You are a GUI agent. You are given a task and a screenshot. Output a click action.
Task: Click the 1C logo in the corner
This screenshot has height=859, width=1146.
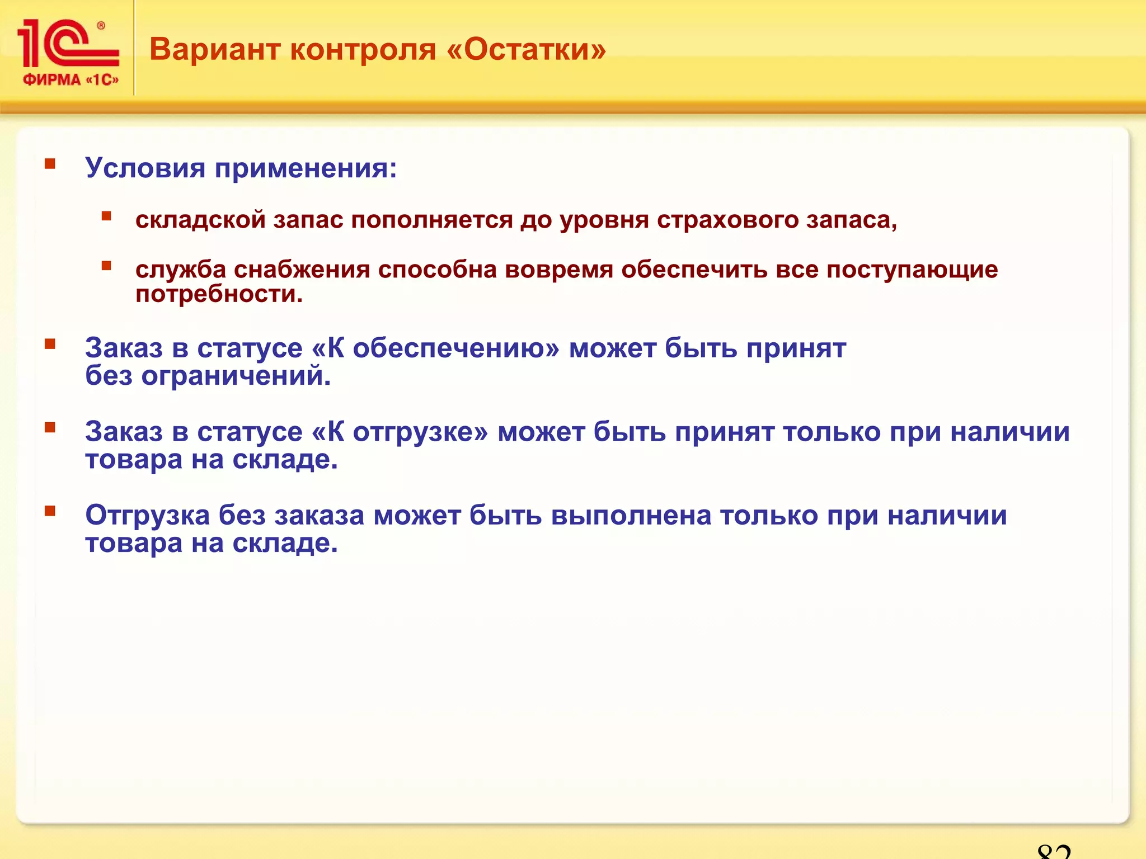click(x=67, y=44)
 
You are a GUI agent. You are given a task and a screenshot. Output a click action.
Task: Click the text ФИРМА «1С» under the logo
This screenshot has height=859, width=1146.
click(x=71, y=80)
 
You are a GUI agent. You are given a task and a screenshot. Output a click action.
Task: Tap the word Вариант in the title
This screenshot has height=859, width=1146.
click(x=215, y=49)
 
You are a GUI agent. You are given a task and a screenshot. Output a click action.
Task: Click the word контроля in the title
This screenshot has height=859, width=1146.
click(x=363, y=49)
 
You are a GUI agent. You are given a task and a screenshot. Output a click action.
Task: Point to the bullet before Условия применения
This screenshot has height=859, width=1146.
click(x=50, y=164)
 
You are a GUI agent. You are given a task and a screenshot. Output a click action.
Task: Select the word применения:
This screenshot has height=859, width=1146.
click(x=306, y=168)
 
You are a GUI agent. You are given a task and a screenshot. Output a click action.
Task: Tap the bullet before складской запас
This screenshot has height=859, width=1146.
click(x=106, y=216)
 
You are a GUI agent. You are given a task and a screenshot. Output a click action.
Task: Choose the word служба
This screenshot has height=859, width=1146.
click(x=181, y=270)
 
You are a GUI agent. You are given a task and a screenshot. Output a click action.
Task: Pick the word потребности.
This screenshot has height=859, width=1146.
click(x=219, y=294)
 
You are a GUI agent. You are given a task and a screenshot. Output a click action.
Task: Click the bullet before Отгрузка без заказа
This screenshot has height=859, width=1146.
click(x=50, y=511)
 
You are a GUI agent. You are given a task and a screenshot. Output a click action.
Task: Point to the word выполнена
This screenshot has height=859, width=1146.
click(x=631, y=515)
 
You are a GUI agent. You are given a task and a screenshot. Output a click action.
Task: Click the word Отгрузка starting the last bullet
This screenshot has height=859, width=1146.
click(x=147, y=515)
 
